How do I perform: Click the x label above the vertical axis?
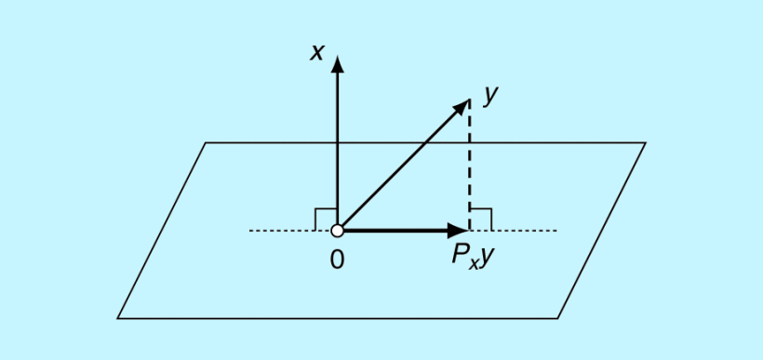(x=317, y=52)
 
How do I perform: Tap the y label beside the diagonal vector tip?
(x=491, y=93)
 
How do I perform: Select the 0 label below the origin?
(x=337, y=260)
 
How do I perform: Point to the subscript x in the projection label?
(x=474, y=261)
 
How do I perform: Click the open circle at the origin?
(x=338, y=230)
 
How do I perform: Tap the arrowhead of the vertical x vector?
(x=338, y=63)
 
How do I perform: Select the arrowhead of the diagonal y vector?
(x=462, y=105)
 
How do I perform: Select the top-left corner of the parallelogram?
(x=206, y=143)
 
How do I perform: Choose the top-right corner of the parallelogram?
(x=645, y=143)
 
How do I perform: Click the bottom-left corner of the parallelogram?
(x=118, y=318)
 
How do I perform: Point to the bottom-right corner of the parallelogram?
(x=557, y=318)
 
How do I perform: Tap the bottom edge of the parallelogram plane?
(x=335, y=318)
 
